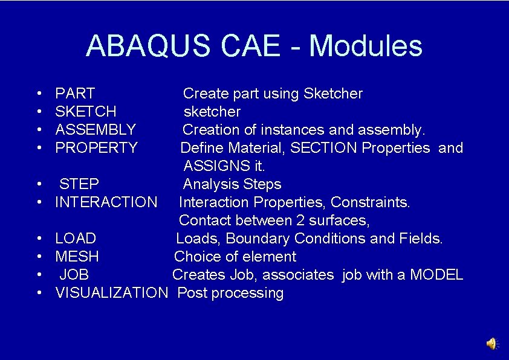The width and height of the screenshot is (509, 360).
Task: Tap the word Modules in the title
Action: click(x=365, y=46)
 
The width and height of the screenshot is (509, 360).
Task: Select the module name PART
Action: click(x=75, y=94)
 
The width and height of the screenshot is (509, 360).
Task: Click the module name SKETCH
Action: click(x=86, y=112)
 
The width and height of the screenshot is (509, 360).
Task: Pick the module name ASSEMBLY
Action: click(x=96, y=130)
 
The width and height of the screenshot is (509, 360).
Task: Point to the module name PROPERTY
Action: click(x=96, y=148)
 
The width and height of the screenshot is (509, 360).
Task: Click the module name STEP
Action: click(x=79, y=184)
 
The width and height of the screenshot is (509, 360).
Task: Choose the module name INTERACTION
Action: click(x=106, y=202)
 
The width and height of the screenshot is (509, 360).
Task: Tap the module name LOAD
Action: click(x=76, y=239)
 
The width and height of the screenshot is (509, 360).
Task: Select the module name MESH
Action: click(x=77, y=257)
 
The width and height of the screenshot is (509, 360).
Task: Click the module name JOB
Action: click(x=74, y=275)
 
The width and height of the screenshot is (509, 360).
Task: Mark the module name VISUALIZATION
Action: click(x=111, y=293)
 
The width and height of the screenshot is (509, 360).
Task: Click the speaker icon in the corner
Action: click(x=491, y=344)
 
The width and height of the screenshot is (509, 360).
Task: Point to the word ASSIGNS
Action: click(x=210, y=166)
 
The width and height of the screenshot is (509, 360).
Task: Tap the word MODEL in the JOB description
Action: click(x=436, y=275)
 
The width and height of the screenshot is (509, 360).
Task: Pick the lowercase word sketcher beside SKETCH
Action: click(x=212, y=112)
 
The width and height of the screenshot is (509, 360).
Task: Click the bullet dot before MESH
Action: click(x=39, y=257)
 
